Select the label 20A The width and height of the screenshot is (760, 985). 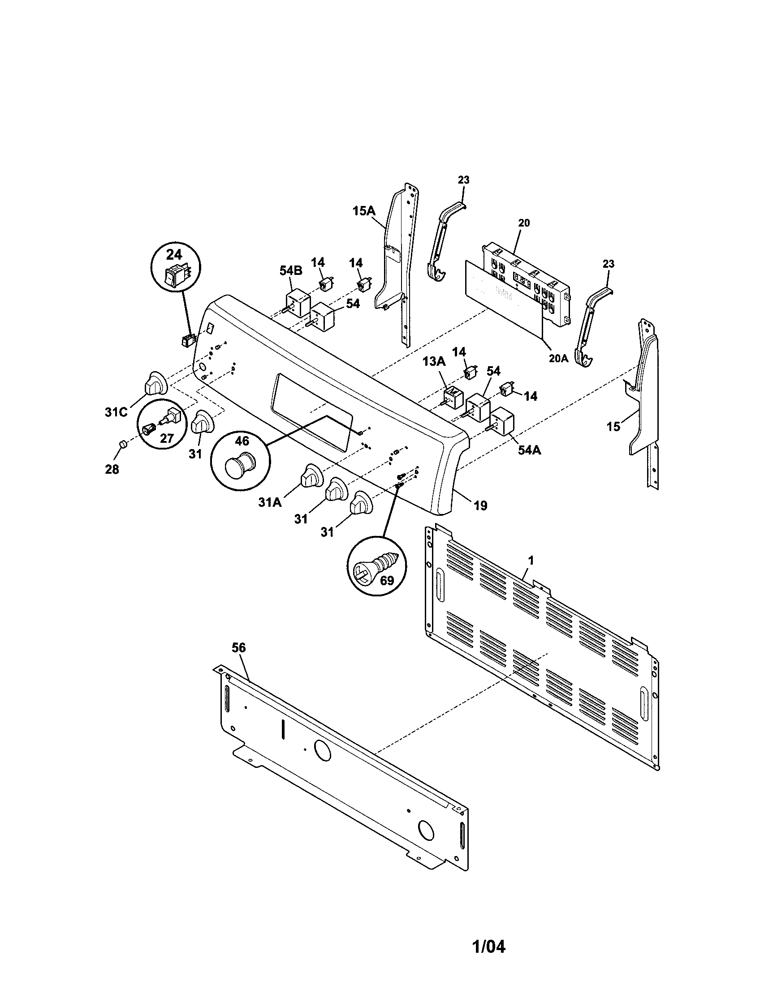point(558,358)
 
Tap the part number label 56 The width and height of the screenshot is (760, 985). point(239,648)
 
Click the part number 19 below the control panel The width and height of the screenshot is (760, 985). point(481,506)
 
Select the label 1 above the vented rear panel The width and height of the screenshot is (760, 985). point(531,561)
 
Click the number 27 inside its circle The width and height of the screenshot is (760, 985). point(167,438)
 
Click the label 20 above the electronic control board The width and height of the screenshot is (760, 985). point(524,223)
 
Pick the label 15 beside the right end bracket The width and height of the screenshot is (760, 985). point(613,426)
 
